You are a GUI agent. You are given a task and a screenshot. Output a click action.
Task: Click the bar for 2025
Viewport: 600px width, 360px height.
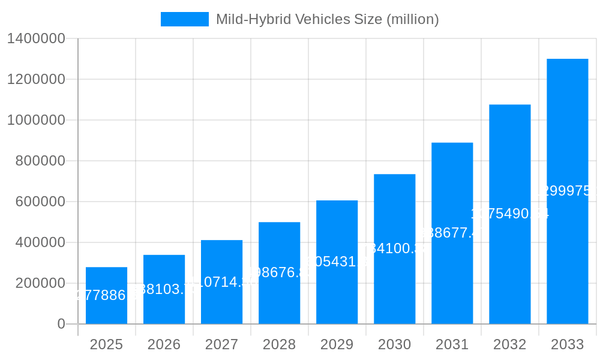click(106, 295)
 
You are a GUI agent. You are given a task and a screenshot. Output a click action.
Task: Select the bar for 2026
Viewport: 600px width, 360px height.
click(164, 289)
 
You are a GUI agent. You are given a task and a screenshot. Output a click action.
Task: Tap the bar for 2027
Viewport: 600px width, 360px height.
click(221, 282)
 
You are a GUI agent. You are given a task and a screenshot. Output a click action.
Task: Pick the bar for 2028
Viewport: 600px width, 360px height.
click(279, 273)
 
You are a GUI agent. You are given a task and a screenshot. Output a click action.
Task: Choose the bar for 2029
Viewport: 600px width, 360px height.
click(337, 262)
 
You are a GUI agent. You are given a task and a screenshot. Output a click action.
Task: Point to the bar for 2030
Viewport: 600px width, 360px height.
click(394, 249)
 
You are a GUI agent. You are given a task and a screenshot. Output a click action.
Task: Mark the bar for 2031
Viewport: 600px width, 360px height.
click(452, 233)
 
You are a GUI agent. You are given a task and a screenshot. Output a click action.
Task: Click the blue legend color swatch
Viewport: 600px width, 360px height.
click(184, 19)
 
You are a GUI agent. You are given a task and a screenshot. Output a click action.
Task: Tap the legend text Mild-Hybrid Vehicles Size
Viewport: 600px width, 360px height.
click(327, 19)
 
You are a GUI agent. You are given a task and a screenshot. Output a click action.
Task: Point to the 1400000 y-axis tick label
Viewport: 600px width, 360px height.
click(36, 38)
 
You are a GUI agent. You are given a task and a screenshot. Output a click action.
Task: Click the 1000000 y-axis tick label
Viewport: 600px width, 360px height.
click(36, 120)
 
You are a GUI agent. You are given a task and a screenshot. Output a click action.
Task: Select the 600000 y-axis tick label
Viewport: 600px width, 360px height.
click(40, 202)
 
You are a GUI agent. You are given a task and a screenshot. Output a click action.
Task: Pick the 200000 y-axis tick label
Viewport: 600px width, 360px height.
click(40, 283)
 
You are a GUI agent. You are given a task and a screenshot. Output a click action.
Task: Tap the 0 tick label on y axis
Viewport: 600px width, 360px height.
click(61, 324)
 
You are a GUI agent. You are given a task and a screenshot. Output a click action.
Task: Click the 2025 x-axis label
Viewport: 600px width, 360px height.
click(106, 344)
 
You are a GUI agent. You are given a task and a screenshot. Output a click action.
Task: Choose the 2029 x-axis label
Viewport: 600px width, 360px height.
click(337, 344)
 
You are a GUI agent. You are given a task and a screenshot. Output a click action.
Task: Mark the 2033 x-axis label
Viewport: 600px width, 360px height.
click(567, 344)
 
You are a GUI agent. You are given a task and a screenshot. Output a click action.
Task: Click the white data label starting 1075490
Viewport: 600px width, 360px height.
click(509, 214)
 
